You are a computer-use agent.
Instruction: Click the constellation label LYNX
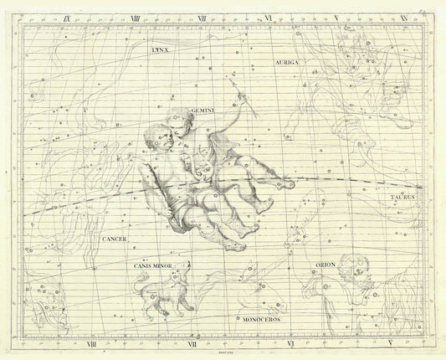pyautogui.click(x=158, y=49)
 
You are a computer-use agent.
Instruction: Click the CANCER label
pyautogui.click(x=114, y=239)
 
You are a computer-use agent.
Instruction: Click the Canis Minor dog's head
pyautogui.click(x=187, y=270)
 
